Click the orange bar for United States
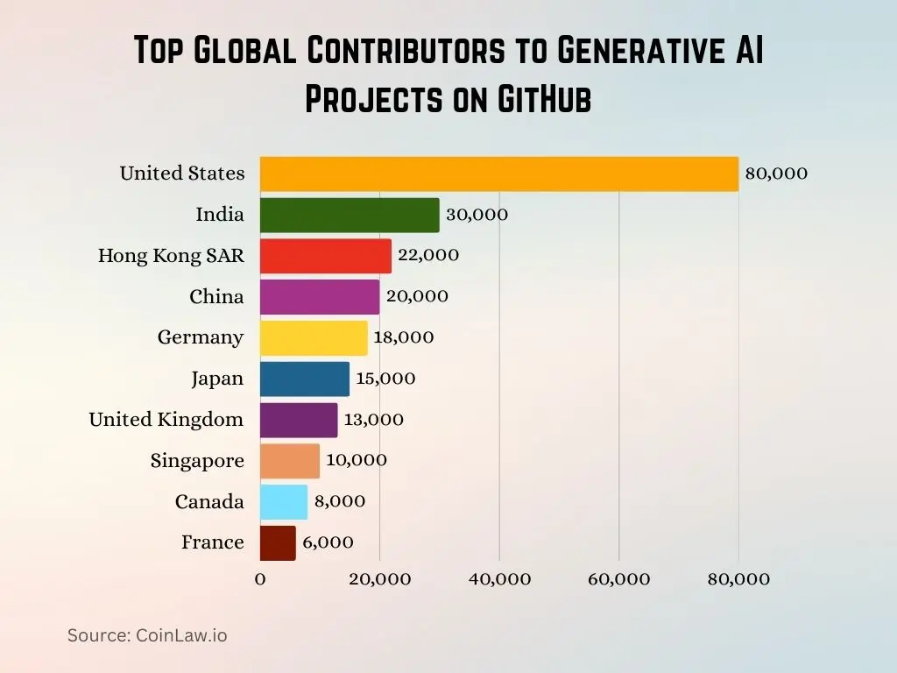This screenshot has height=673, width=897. [x=499, y=174]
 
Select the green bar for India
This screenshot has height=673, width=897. [x=350, y=215]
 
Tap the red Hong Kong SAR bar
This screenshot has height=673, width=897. [x=325, y=256]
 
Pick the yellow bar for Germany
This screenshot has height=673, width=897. [x=314, y=337]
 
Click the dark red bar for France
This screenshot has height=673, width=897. [x=278, y=542]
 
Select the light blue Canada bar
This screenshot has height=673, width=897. [x=284, y=501]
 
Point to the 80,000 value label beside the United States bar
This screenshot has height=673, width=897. [x=776, y=174]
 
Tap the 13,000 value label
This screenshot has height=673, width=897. [x=374, y=420]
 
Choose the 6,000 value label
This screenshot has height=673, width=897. [x=328, y=542]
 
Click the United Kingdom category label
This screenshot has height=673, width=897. [x=166, y=420]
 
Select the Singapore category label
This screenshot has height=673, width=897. [x=197, y=461]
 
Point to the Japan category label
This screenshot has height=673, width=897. [x=217, y=379]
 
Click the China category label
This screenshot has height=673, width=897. [x=216, y=297]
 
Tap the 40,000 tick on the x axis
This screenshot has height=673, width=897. [x=499, y=579]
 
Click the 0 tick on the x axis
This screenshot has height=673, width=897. [x=260, y=579]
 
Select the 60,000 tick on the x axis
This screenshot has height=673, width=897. [x=619, y=579]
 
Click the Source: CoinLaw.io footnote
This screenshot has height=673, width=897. [x=147, y=635]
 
